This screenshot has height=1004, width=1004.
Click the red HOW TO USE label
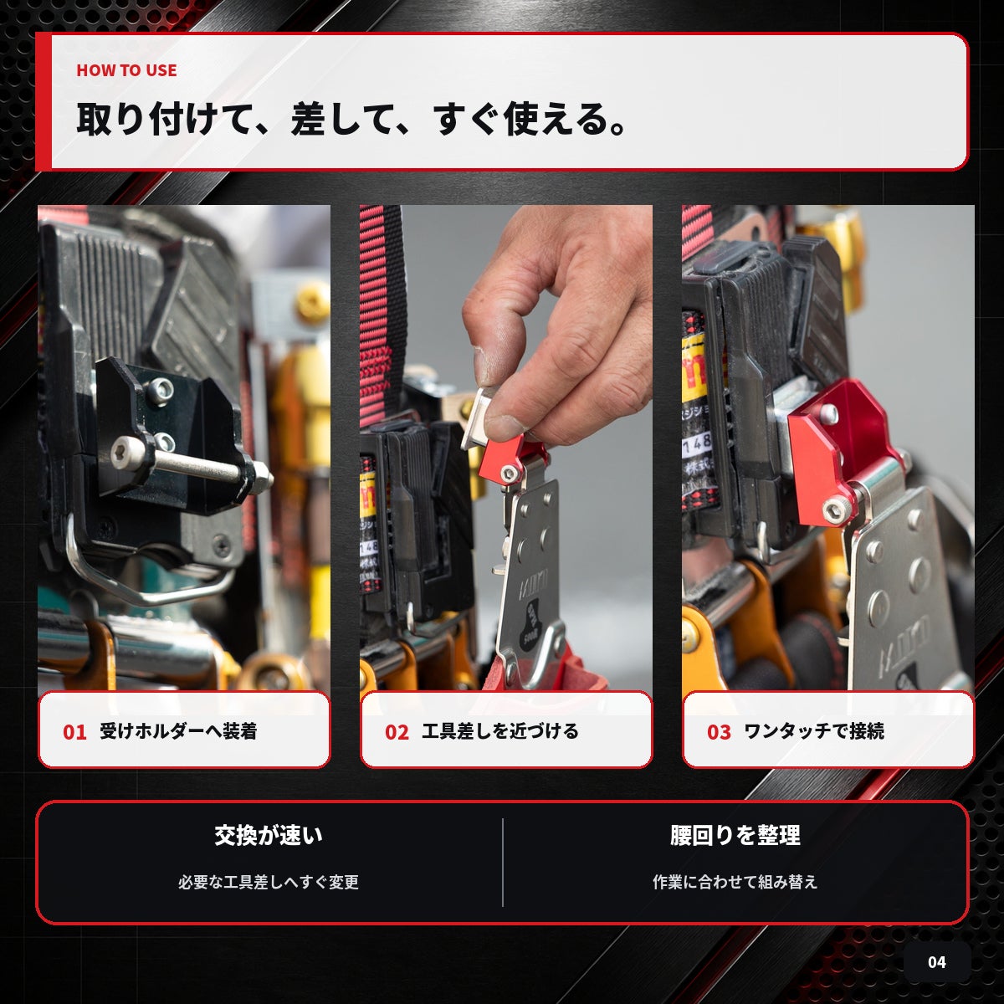click(126, 70)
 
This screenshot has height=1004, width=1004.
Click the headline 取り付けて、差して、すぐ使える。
click(352, 120)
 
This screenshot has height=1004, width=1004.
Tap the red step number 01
click(74, 732)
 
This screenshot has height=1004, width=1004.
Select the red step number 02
click(397, 732)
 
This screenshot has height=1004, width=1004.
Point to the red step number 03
click(719, 732)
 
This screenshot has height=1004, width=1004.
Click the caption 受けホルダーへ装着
click(179, 731)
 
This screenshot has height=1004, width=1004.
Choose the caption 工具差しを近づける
click(500, 731)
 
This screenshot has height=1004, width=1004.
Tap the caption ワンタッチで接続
click(814, 731)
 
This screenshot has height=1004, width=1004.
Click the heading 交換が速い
click(269, 835)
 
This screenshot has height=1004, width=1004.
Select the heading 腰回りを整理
click(735, 835)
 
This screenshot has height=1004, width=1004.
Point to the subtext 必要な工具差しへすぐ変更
click(269, 882)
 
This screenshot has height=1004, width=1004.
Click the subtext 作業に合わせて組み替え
click(735, 882)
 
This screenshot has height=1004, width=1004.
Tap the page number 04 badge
click(937, 962)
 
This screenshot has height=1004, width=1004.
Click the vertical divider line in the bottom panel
click(503, 863)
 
